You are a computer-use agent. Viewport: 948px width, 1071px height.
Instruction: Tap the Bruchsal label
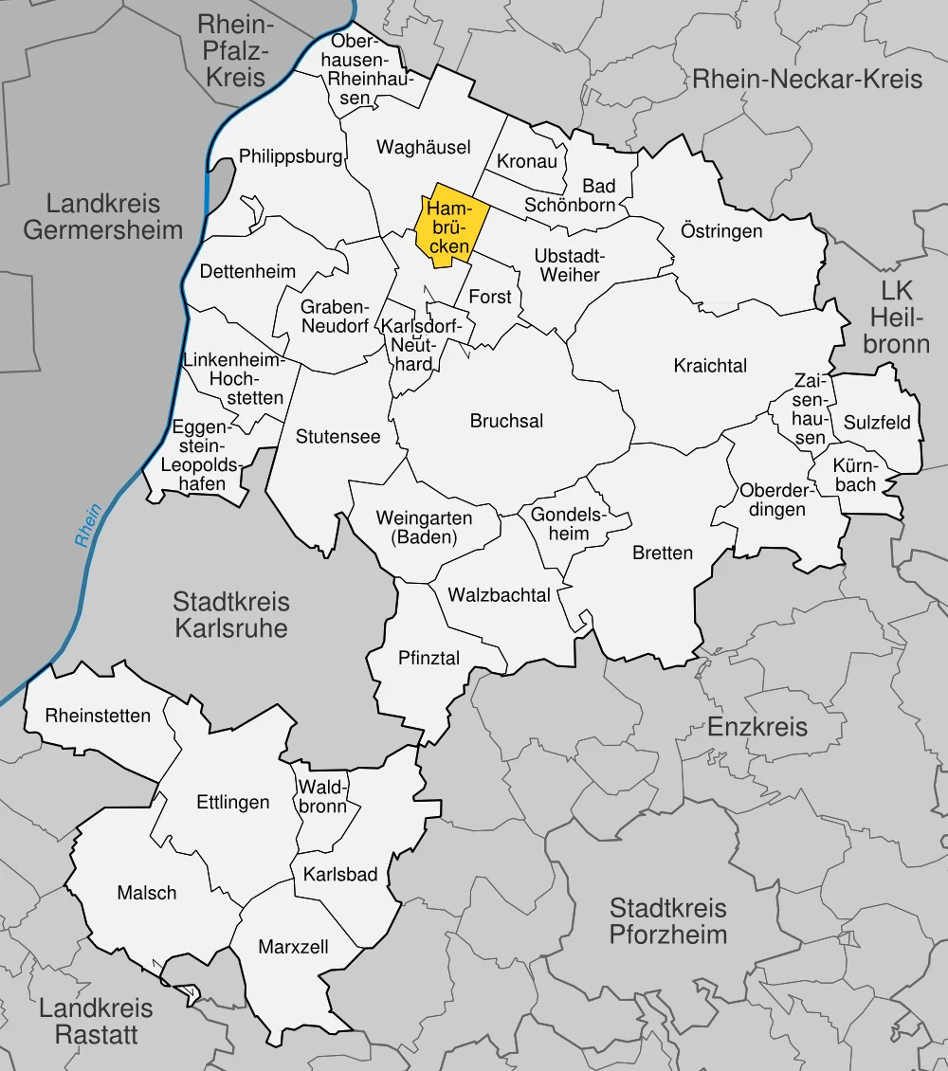click(x=506, y=421)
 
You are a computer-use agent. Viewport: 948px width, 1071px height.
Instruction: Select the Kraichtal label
click(x=710, y=366)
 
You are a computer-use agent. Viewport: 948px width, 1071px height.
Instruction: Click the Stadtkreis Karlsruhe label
click(x=230, y=614)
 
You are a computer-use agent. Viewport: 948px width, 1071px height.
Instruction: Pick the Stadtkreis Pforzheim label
click(x=667, y=921)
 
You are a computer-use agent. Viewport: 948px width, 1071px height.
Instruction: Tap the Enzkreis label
click(x=757, y=727)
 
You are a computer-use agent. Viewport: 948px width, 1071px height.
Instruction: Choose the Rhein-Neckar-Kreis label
click(x=807, y=79)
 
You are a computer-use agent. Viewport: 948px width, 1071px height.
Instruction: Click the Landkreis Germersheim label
click(x=104, y=216)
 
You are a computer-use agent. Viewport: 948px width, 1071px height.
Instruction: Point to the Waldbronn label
click(x=323, y=796)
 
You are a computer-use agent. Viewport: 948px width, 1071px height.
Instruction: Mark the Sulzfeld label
click(x=877, y=423)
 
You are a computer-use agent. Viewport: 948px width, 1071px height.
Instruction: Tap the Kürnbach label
click(x=856, y=476)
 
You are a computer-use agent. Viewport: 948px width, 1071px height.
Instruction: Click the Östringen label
click(x=721, y=231)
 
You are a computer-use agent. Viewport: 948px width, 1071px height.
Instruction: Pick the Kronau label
click(x=527, y=161)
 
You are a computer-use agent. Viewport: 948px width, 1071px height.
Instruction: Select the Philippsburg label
click(x=290, y=156)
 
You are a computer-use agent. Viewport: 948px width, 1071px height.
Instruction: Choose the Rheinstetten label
click(x=98, y=716)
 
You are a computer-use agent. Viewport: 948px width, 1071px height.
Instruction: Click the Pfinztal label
click(x=429, y=656)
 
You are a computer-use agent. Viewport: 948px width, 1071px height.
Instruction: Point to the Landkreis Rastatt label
click(x=96, y=1022)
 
